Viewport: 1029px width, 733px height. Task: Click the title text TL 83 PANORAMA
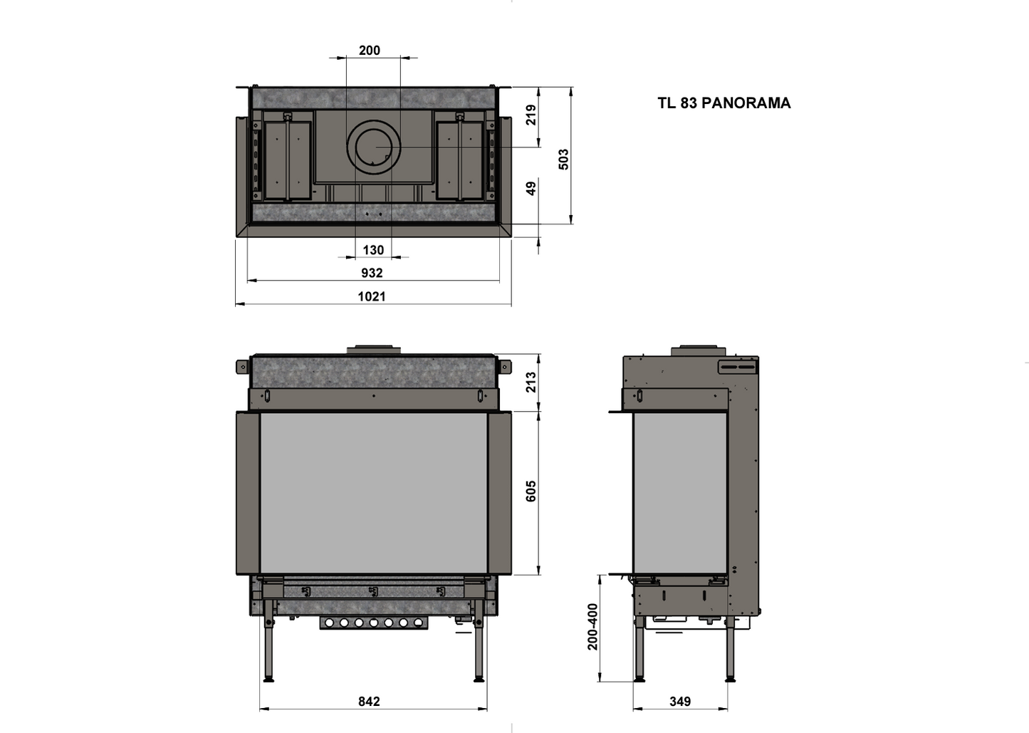[724, 103]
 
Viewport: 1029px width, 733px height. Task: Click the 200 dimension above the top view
[370, 51]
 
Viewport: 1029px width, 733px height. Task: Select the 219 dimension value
[531, 115]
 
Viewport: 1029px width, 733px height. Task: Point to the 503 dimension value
[563, 158]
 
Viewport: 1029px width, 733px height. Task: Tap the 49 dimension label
[531, 188]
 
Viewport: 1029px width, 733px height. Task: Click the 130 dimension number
[373, 250]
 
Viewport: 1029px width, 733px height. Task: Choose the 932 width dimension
[372, 273]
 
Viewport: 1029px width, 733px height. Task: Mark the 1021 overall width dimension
[372, 296]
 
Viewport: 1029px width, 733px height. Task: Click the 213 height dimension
[531, 383]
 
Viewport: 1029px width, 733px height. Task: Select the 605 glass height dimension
[531, 492]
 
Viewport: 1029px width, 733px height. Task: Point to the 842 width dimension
[369, 702]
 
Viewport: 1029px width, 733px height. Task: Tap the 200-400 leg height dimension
[593, 627]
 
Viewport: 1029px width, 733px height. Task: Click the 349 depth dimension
[680, 702]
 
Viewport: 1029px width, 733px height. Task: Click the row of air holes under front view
[373, 623]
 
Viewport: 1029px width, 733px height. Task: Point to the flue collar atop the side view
[699, 350]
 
